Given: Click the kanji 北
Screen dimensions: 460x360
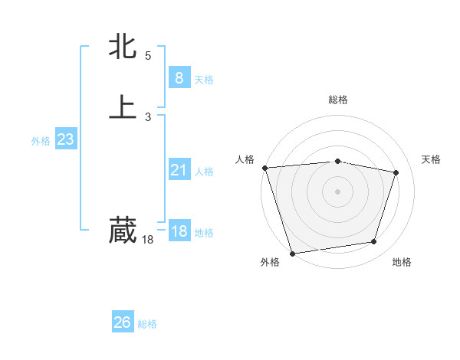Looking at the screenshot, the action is (x=123, y=47).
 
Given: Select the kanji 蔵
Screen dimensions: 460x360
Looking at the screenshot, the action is (x=123, y=230).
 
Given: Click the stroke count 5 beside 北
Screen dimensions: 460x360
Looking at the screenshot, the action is (x=148, y=55).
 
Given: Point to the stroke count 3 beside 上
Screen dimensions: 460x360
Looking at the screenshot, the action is (x=148, y=116).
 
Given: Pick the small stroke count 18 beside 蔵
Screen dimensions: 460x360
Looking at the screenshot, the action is (x=148, y=240).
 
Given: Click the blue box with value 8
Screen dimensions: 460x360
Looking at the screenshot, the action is (x=179, y=77).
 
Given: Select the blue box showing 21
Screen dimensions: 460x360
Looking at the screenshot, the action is (x=179, y=170).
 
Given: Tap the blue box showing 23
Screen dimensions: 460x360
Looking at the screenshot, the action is (x=65, y=139).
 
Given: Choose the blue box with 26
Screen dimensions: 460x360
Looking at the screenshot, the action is (x=122, y=322).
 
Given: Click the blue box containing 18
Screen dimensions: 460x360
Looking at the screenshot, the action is (x=179, y=231).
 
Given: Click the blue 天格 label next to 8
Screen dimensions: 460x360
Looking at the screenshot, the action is (x=204, y=79).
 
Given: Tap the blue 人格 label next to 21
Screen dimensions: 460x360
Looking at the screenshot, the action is (x=204, y=172).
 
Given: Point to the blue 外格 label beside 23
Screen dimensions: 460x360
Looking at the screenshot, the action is (x=41, y=141).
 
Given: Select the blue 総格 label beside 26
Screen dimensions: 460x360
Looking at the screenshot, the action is (x=147, y=324).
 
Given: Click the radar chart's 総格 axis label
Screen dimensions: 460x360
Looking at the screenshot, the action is (x=337, y=100).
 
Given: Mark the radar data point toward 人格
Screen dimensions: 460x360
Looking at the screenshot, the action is (x=264, y=168).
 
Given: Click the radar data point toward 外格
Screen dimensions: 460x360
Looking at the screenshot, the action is (x=292, y=252).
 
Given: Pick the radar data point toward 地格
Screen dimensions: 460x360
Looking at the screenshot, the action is (x=374, y=242).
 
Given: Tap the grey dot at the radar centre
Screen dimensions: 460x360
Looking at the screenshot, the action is (x=337, y=191).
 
